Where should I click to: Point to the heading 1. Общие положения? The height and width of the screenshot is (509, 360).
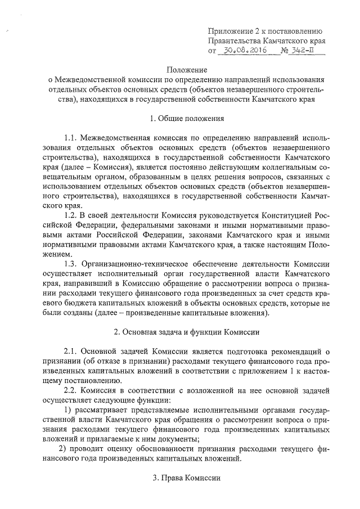pos(187,119)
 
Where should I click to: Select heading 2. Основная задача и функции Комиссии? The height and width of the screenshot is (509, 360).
pos(187,330)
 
